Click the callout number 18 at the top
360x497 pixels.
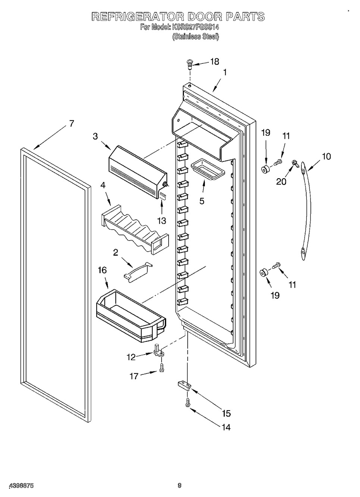click(x=215, y=62)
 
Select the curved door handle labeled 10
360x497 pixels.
click(x=306, y=211)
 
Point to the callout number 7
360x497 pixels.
click(x=72, y=123)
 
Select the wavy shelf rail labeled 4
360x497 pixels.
click(x=135, y=230)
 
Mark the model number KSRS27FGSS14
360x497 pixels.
click(x=194, y=27)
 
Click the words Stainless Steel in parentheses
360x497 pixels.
click(x=195, y=37)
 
